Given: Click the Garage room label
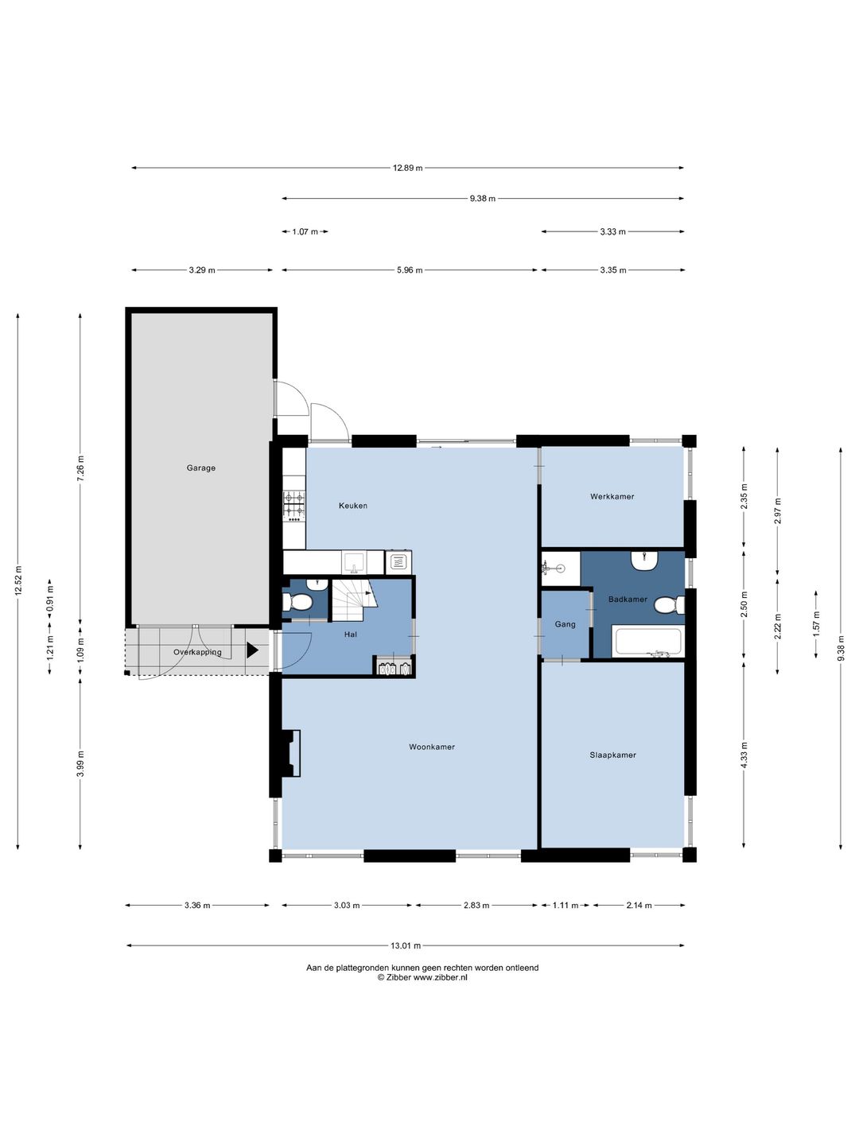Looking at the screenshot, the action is [x=200, y=468].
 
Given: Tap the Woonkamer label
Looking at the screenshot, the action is [x=432, y=747].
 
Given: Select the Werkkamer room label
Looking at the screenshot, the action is [x=612, y=497].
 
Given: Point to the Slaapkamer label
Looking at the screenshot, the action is [x=612, y=755].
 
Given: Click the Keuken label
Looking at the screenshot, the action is [x=353, y=506].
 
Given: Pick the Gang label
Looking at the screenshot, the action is [x=566, y=624].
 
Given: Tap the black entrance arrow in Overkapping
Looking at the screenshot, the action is [x=252, y=650].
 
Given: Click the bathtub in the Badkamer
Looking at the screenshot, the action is [x=648, y=642].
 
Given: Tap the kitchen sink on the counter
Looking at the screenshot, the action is [x=355, y=562].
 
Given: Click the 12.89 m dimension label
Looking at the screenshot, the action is [x=407, y=168].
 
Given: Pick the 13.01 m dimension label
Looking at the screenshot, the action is [x=406, y=945].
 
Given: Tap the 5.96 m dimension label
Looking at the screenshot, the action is [x=410, y=270].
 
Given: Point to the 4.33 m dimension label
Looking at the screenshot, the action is [x=744, y=755].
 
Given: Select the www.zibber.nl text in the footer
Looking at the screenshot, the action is [x=440, y=977].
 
